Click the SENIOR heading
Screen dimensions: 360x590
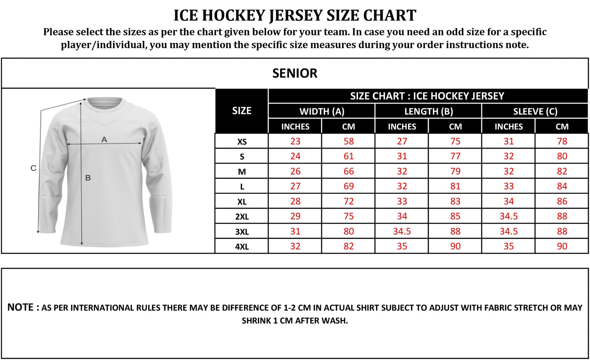[294, 73]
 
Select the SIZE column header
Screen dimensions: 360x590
[242, 111]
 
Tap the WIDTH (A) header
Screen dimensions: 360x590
[322, 111]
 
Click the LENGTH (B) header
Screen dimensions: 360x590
[428, 111]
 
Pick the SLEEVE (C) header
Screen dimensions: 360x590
[535, 111]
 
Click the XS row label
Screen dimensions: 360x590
[242, 142]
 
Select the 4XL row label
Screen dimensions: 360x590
[242, 247]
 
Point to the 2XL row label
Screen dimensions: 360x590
[242, 217]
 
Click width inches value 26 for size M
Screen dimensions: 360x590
[295, 171]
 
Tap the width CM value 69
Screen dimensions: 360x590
[348, 187]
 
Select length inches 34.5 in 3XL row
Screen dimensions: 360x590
[402, 231]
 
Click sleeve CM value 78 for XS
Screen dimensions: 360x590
[562, 141]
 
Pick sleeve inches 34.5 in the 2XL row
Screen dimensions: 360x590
[508, 216]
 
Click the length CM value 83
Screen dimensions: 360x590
[455, 201]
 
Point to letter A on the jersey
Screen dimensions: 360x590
[104, 140]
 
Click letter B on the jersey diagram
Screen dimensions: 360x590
[88, 178]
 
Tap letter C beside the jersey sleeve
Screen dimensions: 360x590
[33, 168]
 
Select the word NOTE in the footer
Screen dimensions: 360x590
[20, 307]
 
